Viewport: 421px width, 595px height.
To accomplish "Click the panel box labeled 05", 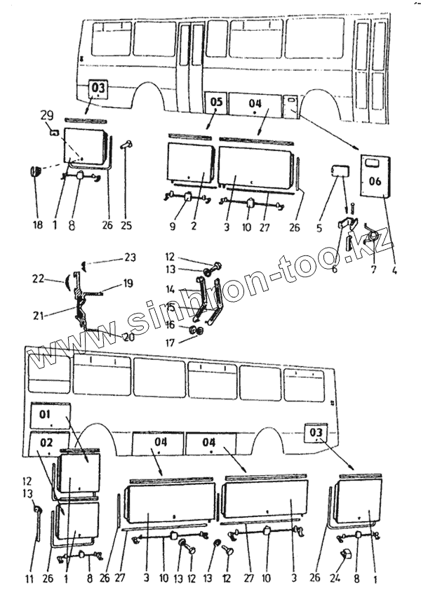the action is tap(216, 102).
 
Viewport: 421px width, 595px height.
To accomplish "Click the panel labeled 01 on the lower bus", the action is tap(48, 415).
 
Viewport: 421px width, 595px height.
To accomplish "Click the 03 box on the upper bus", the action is tap(98, 88).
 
